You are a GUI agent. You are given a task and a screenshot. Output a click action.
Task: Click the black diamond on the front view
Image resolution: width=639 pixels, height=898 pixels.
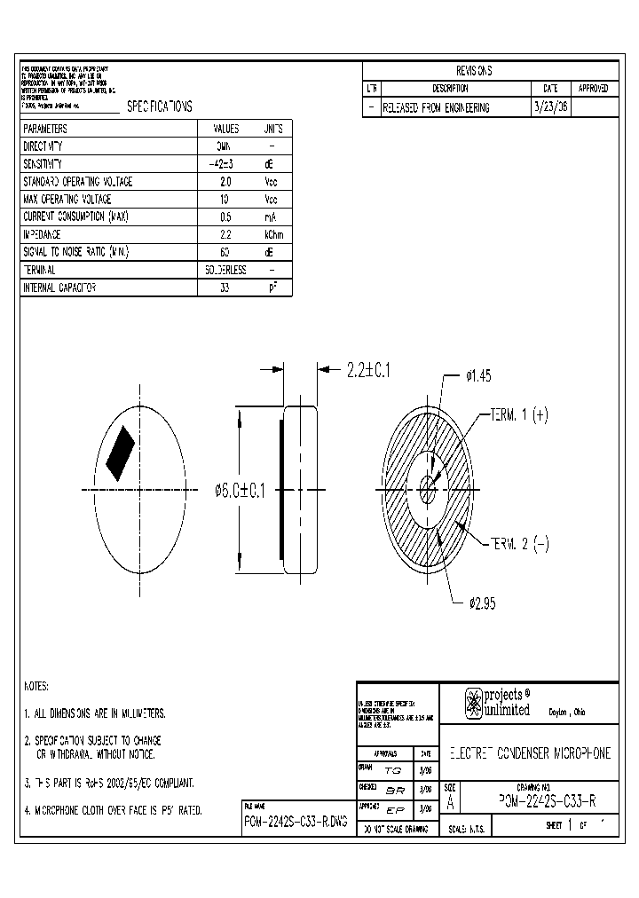[120, 453]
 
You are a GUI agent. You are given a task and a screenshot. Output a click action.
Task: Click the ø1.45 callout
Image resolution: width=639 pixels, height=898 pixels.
[477, 376]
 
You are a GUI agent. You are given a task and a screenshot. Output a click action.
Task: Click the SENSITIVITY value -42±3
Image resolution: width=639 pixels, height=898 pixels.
[224, 164]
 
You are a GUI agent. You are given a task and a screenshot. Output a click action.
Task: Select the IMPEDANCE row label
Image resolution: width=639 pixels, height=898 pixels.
[42, 234]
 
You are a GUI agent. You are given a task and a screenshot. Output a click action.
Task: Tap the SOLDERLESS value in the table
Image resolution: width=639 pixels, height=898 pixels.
[224, 270]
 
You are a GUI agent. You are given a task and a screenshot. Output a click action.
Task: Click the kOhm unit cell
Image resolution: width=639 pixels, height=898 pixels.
[272, 234]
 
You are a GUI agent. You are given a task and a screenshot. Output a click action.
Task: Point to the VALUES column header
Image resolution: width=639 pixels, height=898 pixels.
[224, 129]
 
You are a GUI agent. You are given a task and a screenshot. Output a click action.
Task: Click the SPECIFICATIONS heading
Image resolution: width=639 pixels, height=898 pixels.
[159, 106]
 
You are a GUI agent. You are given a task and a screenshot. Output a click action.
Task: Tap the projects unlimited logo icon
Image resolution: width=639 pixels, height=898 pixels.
[473, 704]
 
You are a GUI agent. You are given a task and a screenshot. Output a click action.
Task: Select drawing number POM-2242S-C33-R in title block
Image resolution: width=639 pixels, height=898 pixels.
[540, 800]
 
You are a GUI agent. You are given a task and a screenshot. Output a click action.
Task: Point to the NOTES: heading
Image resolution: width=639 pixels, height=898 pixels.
[36, 687]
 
